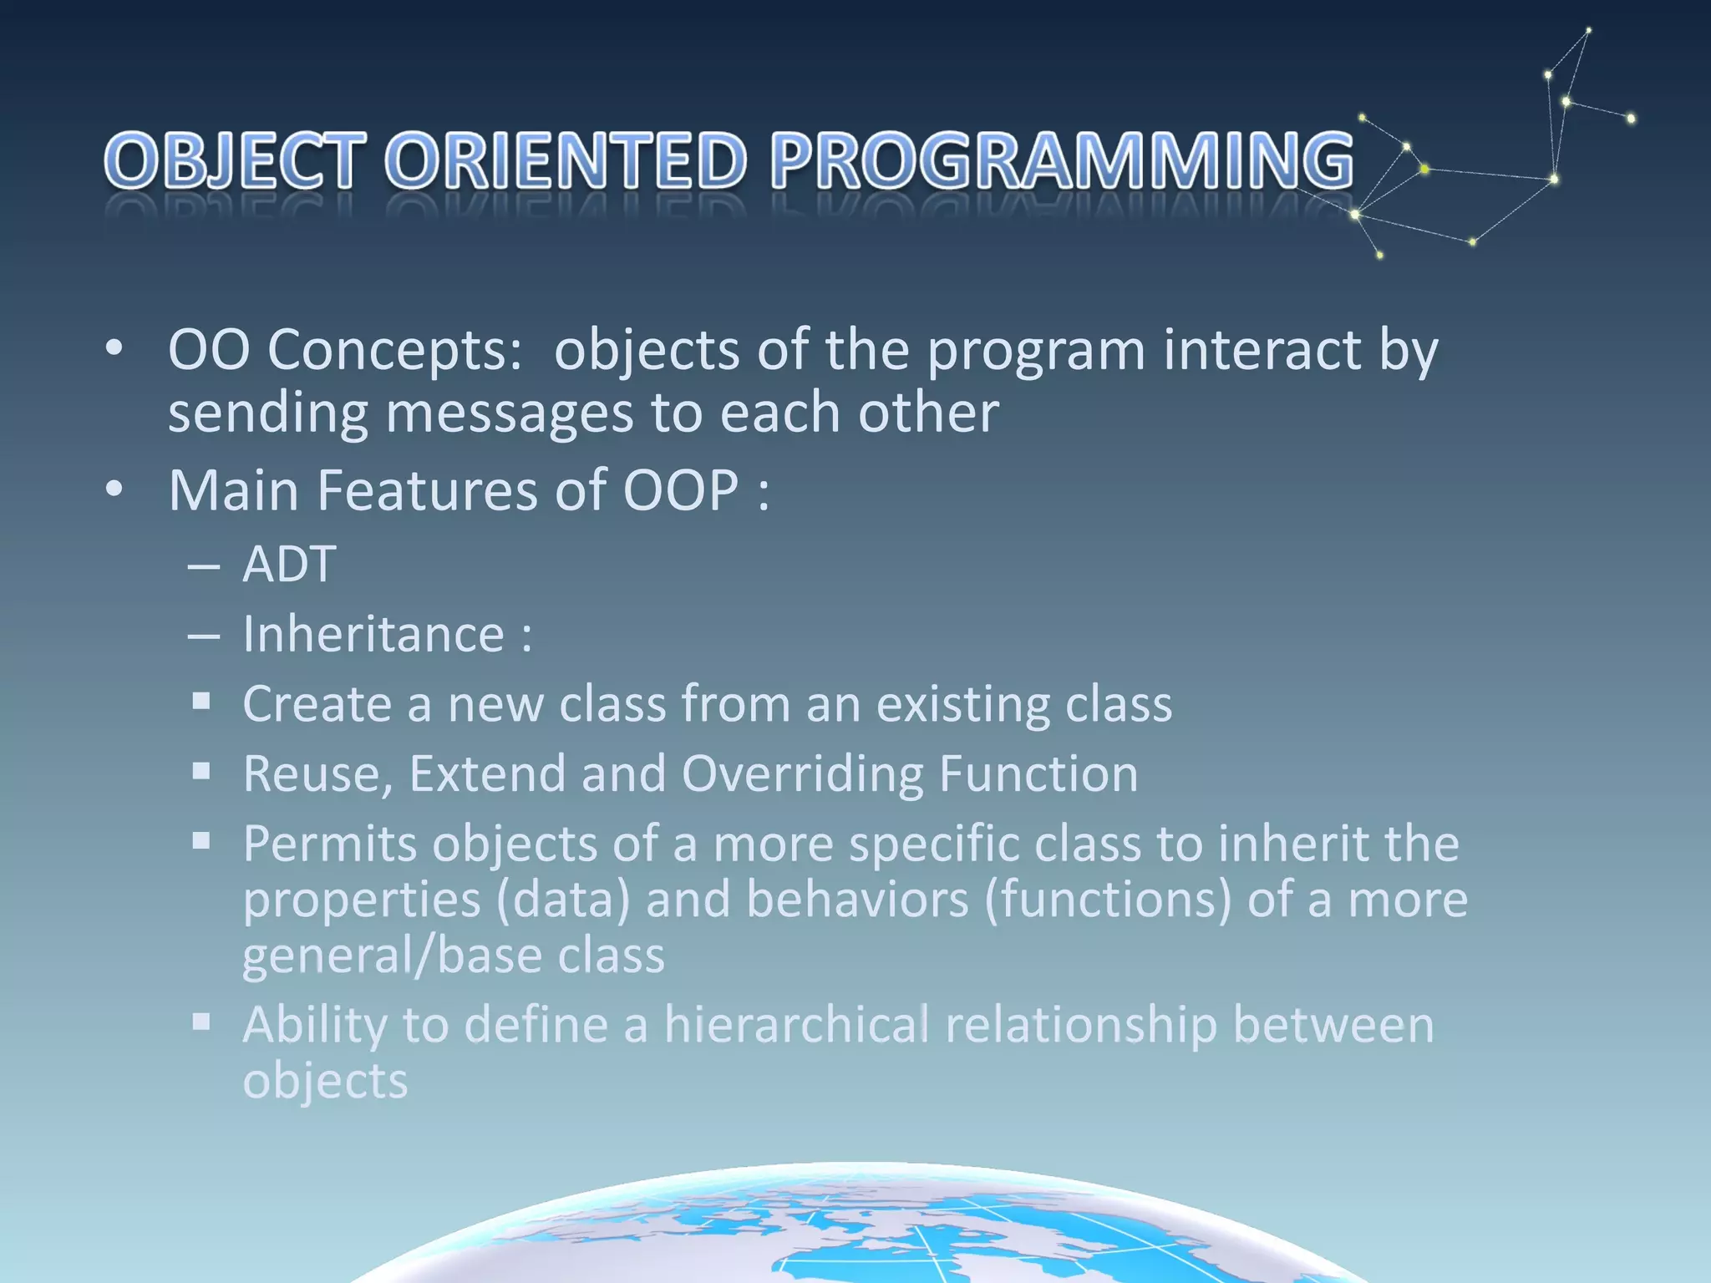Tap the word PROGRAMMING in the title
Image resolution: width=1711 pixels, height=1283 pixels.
click(1061, 160)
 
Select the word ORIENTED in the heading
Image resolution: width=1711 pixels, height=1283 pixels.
click(566, 160)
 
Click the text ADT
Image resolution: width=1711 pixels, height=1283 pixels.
click(289, 564)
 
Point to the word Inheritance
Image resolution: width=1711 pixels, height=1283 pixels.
click(373, 634)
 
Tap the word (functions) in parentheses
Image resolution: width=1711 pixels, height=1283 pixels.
click(1108, 900)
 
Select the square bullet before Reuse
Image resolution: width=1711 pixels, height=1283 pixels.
click(201, 771)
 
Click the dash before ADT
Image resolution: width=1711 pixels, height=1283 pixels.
click(204, 566)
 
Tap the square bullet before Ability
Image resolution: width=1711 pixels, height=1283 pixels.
click(201, 1022)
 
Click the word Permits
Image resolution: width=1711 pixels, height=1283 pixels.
click(329, 844)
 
